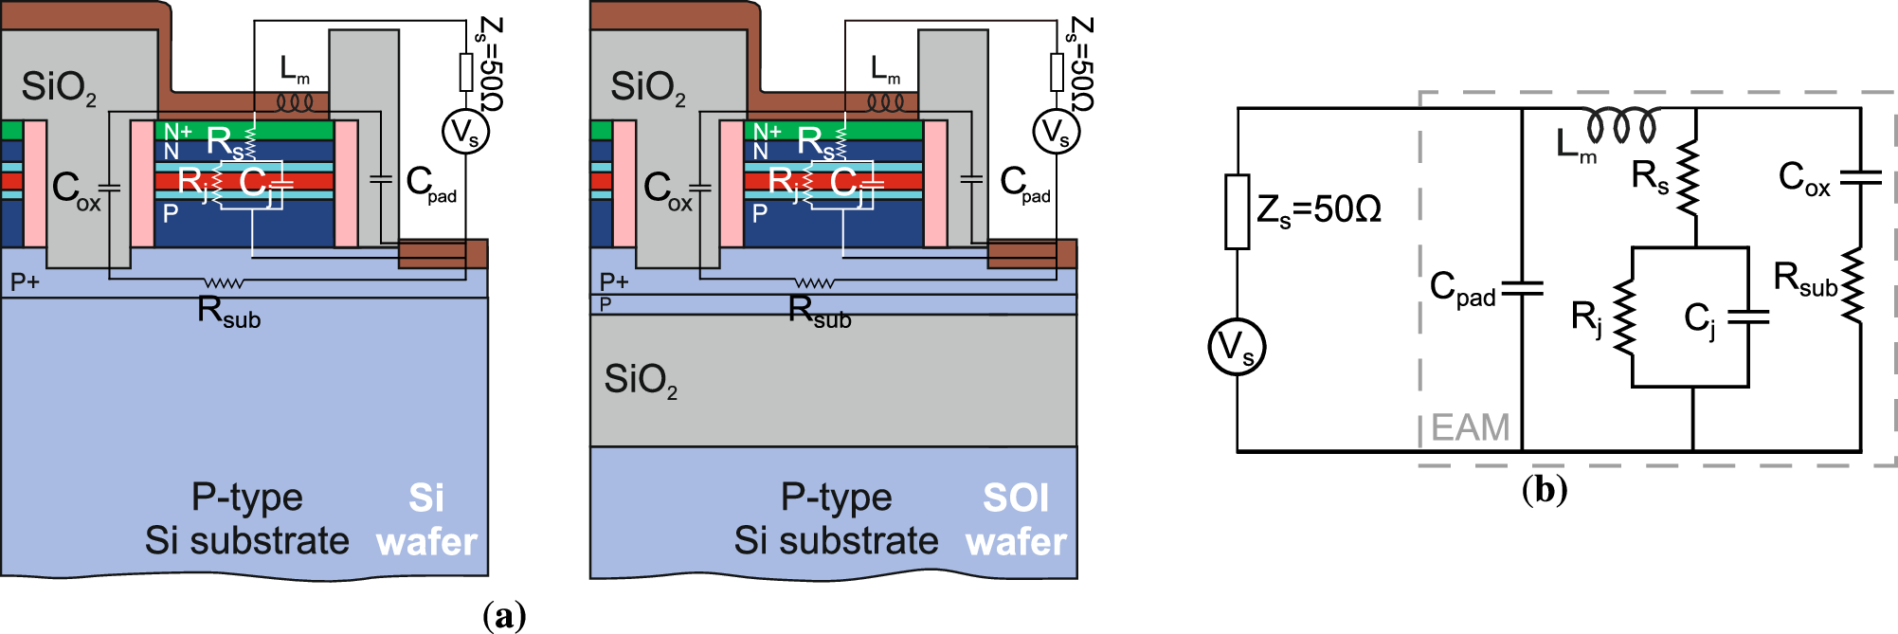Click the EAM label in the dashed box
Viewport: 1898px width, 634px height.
tap(1470, 427)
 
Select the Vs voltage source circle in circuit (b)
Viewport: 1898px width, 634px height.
tap(1237, 348)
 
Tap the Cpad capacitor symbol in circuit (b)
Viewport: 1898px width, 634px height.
tap(1522, 288)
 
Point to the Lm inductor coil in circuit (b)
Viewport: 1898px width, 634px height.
tap(1622, 125)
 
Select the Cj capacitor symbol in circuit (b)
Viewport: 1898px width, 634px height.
tap(1748, 317)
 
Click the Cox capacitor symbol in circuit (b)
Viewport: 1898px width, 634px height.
tap(1860, 177)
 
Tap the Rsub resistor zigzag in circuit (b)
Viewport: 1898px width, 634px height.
tap(1853, 284)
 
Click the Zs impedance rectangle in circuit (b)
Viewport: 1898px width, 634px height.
tap(1237, 211)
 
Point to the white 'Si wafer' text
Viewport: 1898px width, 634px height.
tap(426, 520)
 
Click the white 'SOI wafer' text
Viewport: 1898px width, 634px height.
tap(1016, 520)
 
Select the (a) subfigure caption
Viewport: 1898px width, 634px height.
tap(503, 616)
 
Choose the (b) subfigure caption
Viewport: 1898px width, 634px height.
tap(1544, 490)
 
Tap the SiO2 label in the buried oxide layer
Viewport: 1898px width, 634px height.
tap(642, 380)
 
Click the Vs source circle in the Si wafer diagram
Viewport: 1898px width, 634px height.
tap(465, 132)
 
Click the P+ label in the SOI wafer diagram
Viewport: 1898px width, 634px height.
tap(614, 281)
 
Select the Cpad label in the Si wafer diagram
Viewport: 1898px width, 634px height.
tap(430, 184)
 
